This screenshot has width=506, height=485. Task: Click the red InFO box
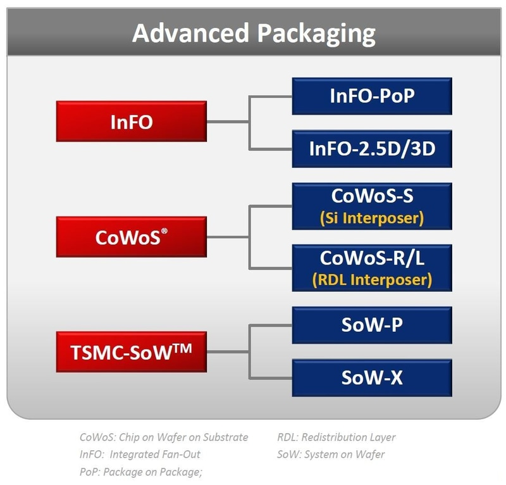tap(132, 122)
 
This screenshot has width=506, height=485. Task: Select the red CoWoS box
tap(132, 237)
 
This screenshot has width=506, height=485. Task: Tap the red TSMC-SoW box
tap(132, 351)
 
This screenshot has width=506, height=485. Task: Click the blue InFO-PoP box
tap(372, 96)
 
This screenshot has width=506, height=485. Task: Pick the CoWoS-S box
tap(372, 206)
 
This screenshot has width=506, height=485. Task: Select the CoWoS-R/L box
tap(372, 268)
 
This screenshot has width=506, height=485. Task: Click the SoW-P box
tap(372, 325)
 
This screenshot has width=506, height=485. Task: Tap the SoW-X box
tap(372, 378)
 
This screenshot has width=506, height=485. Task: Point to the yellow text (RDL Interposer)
tap(372, 279)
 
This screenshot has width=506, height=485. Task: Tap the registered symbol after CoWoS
tap(163, 230)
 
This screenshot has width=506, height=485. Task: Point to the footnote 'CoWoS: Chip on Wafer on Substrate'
tap(164, 437)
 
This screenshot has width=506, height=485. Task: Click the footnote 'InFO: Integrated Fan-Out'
tap(140, 454)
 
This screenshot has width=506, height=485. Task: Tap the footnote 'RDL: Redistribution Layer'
tap(336, 437)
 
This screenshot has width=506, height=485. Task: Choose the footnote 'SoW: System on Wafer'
tap(330, 454)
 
